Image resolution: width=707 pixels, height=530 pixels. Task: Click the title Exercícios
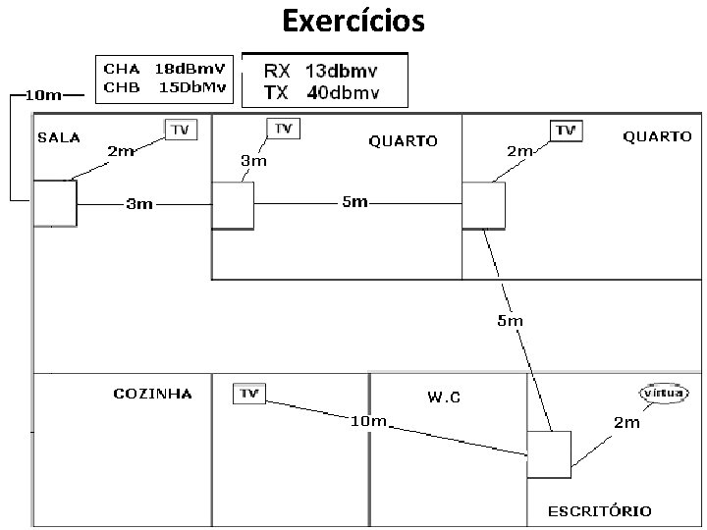click(x=353, y=20)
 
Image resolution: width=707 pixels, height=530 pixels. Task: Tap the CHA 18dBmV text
click(x=163, y=70)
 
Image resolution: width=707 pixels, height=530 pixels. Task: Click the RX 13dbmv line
click(x=321, y=72)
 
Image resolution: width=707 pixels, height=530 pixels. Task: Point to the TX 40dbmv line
click(x=321, y=92)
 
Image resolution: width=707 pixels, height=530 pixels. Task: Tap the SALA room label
click(x=59, y=138)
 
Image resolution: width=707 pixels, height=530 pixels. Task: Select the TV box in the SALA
click(x=181, y=131)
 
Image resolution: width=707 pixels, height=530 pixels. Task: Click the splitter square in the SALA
click(x=55, y=203)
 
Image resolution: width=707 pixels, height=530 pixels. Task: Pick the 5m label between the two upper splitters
click(x=354, y=202)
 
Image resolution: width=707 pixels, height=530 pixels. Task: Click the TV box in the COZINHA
click(x=249, y=394)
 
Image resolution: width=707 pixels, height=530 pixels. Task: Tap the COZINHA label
click(x=152, y=395)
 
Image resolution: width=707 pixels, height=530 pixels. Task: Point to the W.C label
click(x=444, y=397)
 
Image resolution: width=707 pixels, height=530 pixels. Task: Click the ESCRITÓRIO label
click(x=599, y=510)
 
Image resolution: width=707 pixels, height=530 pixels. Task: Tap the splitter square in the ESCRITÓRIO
click(x=548, y=453)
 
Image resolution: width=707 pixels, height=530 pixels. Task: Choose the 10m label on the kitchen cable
click(x=369, y=422)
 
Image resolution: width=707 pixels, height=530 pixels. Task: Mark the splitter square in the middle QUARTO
click(x=233, y=205)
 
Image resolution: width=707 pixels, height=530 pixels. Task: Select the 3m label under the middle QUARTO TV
click(x=253, y=159)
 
